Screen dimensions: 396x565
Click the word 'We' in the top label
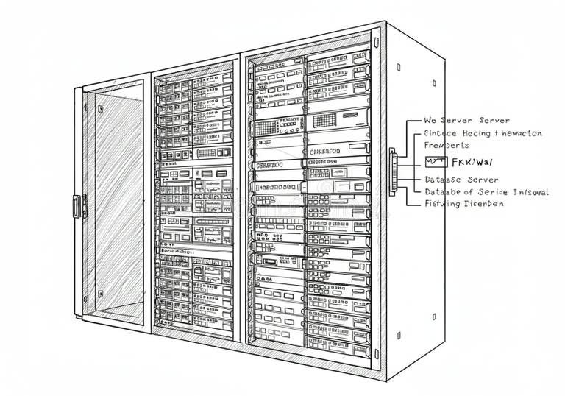[x=431, y=120]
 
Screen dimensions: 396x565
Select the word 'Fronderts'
[x=446, y=146]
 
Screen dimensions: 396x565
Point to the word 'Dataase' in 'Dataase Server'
[x=443, y=180]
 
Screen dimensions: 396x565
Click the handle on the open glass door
[x=76, y=205]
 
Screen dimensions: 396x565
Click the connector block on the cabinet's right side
[x=393, y=172]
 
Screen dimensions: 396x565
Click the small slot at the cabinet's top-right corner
[x=398, y=67]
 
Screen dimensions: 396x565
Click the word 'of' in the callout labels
[x=468, y=192]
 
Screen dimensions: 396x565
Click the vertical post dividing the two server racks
[x=240, y=199]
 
